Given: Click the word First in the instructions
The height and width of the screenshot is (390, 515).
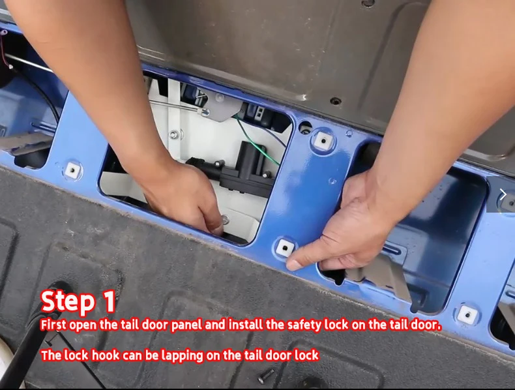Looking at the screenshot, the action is [x=53, y=325].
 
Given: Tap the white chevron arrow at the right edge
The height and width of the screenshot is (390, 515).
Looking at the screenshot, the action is [x=503, y=194].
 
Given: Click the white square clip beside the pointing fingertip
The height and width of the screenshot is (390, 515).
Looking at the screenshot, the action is [x=285, y=248].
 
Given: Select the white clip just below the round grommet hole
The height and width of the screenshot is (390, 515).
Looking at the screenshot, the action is [x=323, y=141].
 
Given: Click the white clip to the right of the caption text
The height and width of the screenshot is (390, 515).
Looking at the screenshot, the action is [x=467, y=314].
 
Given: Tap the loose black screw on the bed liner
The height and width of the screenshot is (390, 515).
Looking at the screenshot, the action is [x=266, y=376].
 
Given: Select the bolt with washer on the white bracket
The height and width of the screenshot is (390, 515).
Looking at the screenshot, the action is [x=174, y=134].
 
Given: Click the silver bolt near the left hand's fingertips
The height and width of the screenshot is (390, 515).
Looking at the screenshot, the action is [x=226, y=219].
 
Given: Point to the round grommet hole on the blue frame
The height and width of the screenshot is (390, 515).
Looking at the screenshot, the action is [x=306, y=127].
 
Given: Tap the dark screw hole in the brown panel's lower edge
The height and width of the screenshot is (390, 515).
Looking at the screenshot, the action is [x=334, y=101].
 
